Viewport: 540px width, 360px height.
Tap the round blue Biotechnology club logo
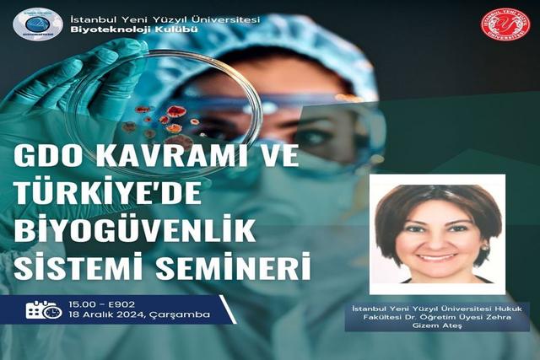[37, 24]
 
